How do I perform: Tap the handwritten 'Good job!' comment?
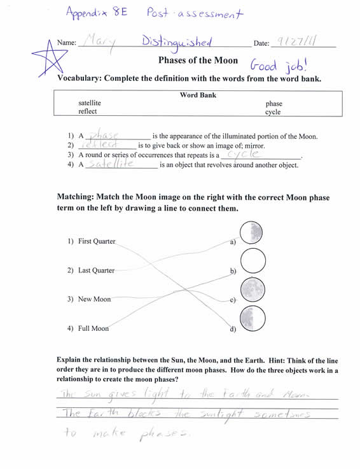(279, 64)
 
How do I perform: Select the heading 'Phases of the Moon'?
(198, 61)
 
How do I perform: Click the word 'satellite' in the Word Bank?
(90, 103)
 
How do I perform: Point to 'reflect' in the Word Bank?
(88, 112)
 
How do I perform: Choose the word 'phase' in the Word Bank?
(274, 103)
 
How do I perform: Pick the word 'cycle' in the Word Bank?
(273, 112)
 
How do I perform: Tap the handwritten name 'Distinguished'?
(177, 42)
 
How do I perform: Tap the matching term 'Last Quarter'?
(96, 270)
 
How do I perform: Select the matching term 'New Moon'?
(94, 299)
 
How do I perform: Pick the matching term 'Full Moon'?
(93, 328)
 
